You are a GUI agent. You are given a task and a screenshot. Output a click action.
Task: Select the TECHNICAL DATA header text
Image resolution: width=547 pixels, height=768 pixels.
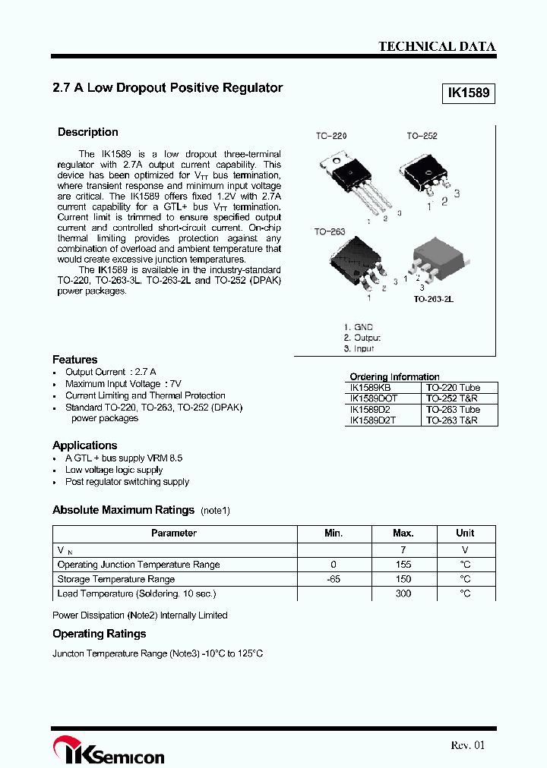tap(437, 46)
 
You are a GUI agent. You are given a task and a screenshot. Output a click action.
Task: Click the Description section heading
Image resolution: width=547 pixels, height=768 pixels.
tap(88, 132)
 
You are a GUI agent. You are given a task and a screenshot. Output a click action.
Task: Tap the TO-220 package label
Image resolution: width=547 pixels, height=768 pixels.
tap(331, 136)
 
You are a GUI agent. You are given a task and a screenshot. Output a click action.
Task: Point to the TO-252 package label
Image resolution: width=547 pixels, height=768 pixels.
tap(422, 136)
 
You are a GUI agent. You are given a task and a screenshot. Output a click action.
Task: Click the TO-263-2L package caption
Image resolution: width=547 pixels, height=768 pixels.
tap(433, 300)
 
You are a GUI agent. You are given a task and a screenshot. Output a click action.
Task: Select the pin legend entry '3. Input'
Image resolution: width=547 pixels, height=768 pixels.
tap(359, 348)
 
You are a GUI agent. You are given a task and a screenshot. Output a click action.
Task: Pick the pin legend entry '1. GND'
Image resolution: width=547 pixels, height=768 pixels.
tap(358, 327)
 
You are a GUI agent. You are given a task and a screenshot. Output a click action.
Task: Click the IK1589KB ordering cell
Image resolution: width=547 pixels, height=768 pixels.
tap(371, 387)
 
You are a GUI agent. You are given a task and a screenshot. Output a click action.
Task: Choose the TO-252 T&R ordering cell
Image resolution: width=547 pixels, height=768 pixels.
tap(451, 398)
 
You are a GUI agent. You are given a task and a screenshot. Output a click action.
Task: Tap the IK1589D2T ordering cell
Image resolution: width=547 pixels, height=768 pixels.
tap(372, 420)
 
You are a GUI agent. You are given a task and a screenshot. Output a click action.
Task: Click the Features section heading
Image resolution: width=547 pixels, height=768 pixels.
tap(75, 359)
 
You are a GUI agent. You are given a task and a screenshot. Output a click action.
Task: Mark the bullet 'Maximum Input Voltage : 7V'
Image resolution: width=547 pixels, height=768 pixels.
tap(123, 384)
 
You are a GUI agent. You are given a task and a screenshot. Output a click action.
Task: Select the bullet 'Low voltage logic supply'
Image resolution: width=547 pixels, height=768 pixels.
tap(114, 470)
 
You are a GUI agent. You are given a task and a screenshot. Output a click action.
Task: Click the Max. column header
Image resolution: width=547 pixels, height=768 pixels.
tap(403, 534)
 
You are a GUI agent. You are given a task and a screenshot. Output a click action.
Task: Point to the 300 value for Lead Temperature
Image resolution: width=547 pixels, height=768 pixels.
tap(403, 593)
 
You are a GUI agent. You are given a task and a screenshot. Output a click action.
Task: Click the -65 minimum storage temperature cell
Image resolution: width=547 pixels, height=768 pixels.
tap(334, 579)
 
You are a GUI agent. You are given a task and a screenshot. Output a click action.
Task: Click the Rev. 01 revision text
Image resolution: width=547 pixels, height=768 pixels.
tap(467, 745)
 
